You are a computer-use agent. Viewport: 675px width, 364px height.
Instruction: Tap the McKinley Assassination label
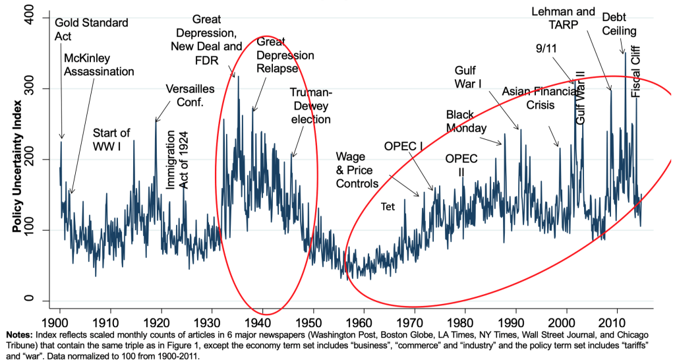coord(99,63)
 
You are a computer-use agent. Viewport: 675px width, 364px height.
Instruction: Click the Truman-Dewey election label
coord(310,106)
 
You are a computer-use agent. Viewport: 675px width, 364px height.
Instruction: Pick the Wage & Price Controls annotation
coord(357,169)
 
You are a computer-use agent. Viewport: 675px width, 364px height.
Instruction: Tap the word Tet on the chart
coord(388,206)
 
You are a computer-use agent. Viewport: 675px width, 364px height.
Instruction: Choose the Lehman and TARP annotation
coord(564,18)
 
